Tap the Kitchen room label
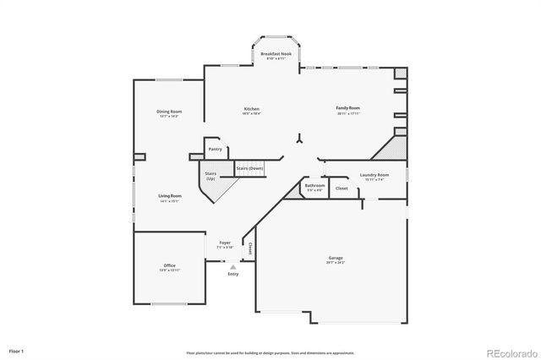pyautogui.click(x=252, y=109)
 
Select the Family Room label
pyautogui.click(x=347, y=108)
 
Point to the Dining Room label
pyautogui.click(x=168, y=112)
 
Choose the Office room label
pyautogui.click(x=169, y=265)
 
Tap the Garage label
pyautogui.click(x=336, y=257)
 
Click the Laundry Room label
pyautogui.click(x=374, y=174)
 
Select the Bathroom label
pyautogui.click(x=314, y=185)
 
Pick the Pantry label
pyautogui.click(x=216, y=149)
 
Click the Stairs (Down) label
pyautogui.click(x=249, y=168)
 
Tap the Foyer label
pyautogui.click(x=226, y=243)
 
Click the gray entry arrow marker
pyautogui.click(x=233, y=266)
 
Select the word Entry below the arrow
pyautogui.click(x=233, y=274)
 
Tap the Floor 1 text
pyautogui.click(x=17, y=350)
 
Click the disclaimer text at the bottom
pyautogui.click(x=270, y=352)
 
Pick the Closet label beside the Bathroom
pyautogui.click(x=342, y=188)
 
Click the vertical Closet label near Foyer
pyautogui.click(x=250, y=248)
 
